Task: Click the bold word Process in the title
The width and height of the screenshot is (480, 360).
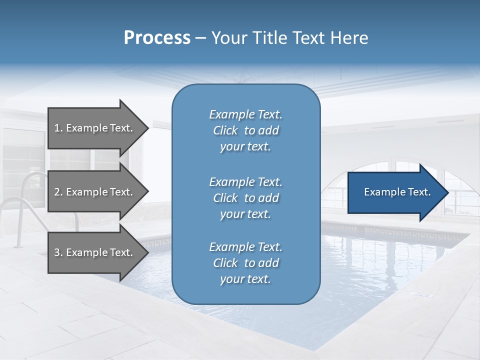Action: pyautogui.click(x=157, y=38)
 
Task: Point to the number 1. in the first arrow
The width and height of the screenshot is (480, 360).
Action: pyautogui.click(x=58, y=128)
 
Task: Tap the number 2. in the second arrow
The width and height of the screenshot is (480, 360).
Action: pyautogui.click(x=58, y=192)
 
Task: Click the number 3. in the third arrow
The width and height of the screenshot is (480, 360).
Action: pyautogui.click(x=58, y=252)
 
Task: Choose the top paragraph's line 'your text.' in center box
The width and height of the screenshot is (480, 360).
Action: pyautogui.click(x=245, y=147)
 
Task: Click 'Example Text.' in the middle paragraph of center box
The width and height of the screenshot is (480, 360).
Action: pyautogui.click(x=245, y=181)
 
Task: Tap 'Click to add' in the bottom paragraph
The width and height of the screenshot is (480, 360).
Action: pyautogui.click(x=245, y=263)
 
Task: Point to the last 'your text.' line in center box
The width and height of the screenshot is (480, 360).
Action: pyautogui.click(x=245, y=279)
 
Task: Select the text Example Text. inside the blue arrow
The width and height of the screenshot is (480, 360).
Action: pyautogui.click(x=397, y=192)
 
